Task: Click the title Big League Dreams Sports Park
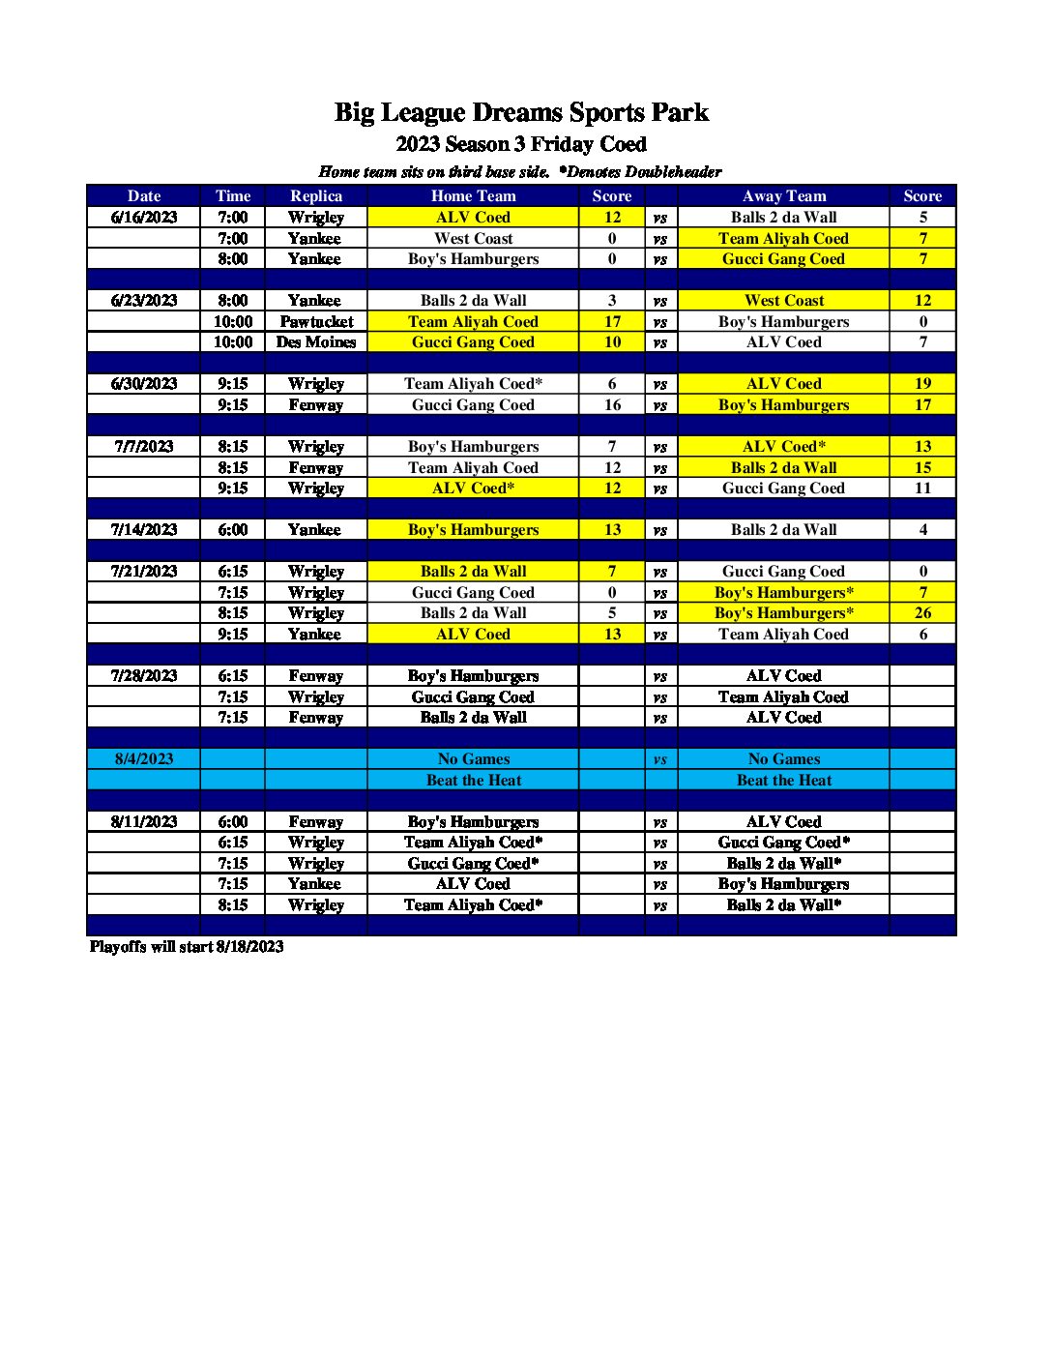tap(521, 113)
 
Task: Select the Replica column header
tap(316, 196)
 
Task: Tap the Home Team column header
tap(473, 196)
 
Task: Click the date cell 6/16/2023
tap(144, 218)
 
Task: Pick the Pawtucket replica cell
tap(316, 322)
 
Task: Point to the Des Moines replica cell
tap(316, 342)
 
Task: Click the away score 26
tap(922, 613)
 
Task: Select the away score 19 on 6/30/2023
tap(922, 384)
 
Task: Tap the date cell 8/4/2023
tap(144, 759)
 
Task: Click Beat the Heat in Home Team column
tap(473, 781)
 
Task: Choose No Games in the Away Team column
tap(783, 759)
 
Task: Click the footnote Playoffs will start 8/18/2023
tap(187, 947)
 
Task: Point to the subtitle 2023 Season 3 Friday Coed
tap(521, 145)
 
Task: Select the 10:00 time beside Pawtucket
tap(233, 322)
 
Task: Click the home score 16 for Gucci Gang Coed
tap(612, 405)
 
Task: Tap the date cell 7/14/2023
tap(144, 530)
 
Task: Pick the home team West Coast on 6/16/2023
tap(473, 239)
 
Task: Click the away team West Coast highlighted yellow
tap(783, 301)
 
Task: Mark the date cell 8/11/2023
tap(144, 822)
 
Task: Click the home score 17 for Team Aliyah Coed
tap(612, 322)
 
